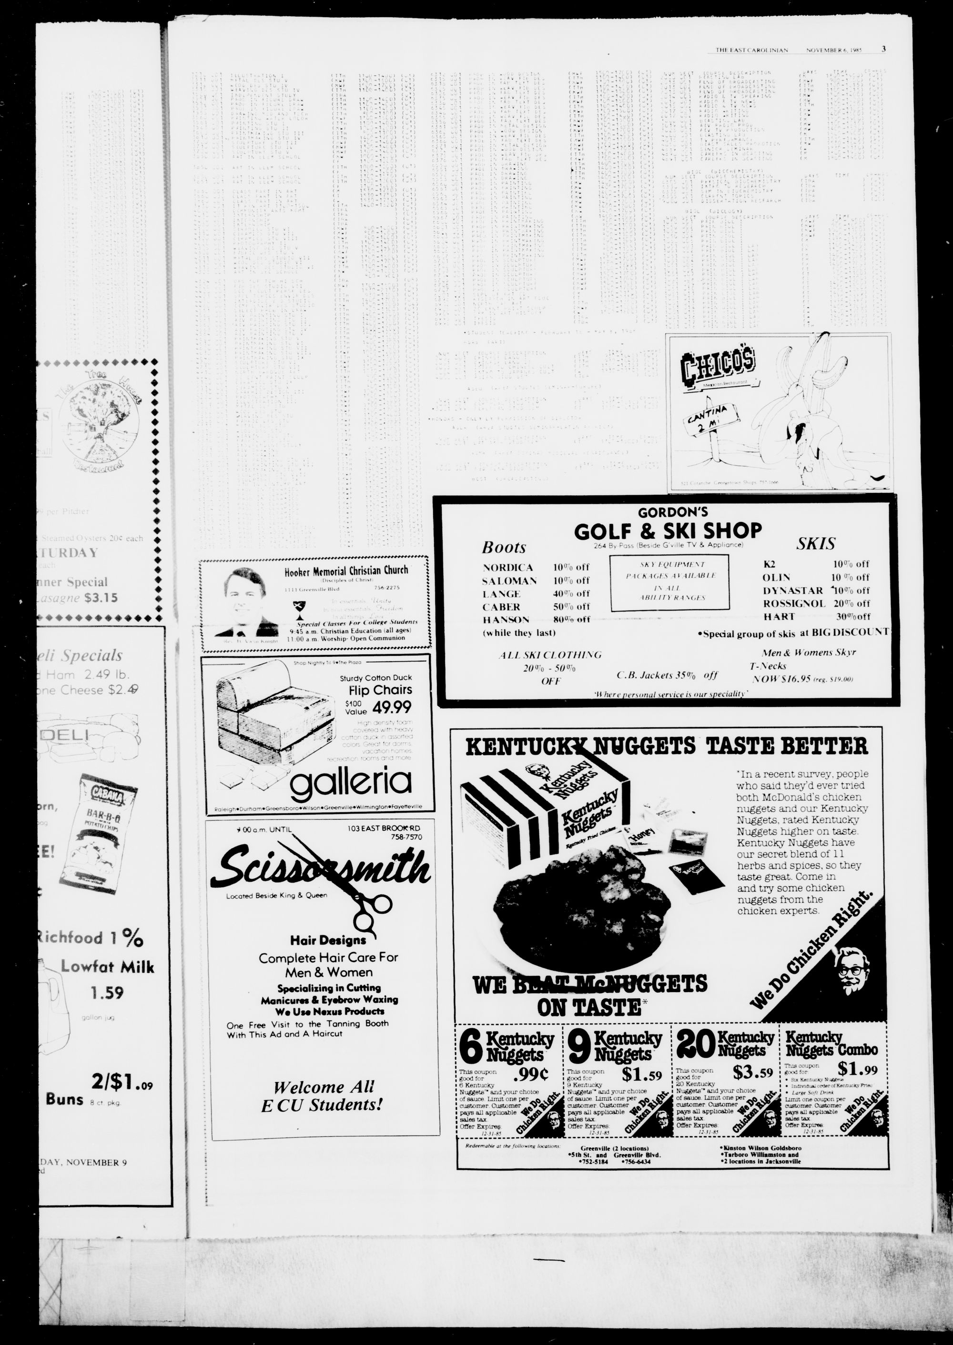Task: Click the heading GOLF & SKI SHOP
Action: [x=667, y=531]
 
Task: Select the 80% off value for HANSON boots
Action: [x=571, y=620]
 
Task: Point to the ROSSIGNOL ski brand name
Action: [x=794, y=603]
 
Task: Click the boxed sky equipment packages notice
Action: [x=669, y=581]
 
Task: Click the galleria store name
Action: [x=351, y=783]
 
